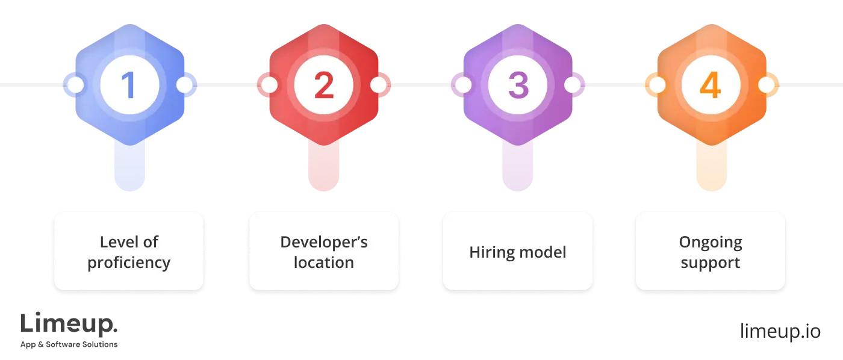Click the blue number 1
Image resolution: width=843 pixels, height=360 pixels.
pos(129,85)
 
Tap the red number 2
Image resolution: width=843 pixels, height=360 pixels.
pos(324,85)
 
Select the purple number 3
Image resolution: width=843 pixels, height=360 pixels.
pos(518,85)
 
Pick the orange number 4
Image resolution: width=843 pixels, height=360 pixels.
pos(711,85)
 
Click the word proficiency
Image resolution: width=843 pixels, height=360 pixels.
pos(129,263)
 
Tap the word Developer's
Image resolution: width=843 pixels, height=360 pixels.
pos(324,243)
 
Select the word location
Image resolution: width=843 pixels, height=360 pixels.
pos(324,262)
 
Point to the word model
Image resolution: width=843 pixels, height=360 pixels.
pos(543,252)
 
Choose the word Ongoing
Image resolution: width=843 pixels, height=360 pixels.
pos(711,243)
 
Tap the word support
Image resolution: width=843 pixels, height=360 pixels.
pos(711,263)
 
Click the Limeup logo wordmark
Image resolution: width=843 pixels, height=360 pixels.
pos(69,324)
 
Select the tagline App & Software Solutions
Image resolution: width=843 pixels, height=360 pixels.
pos(69,344)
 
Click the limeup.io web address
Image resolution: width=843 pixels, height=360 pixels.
pos(780,332)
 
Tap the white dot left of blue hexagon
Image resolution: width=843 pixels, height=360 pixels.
pos(75,85)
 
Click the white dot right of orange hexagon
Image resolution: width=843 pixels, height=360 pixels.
pos(766,85)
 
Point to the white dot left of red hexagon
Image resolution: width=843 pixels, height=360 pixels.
pos(270,85)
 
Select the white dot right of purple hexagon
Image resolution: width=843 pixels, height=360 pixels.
pos(573,85)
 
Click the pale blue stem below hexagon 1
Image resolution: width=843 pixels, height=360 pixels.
pos(129,167)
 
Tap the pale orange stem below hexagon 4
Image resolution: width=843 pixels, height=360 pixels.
pos(711,167)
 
